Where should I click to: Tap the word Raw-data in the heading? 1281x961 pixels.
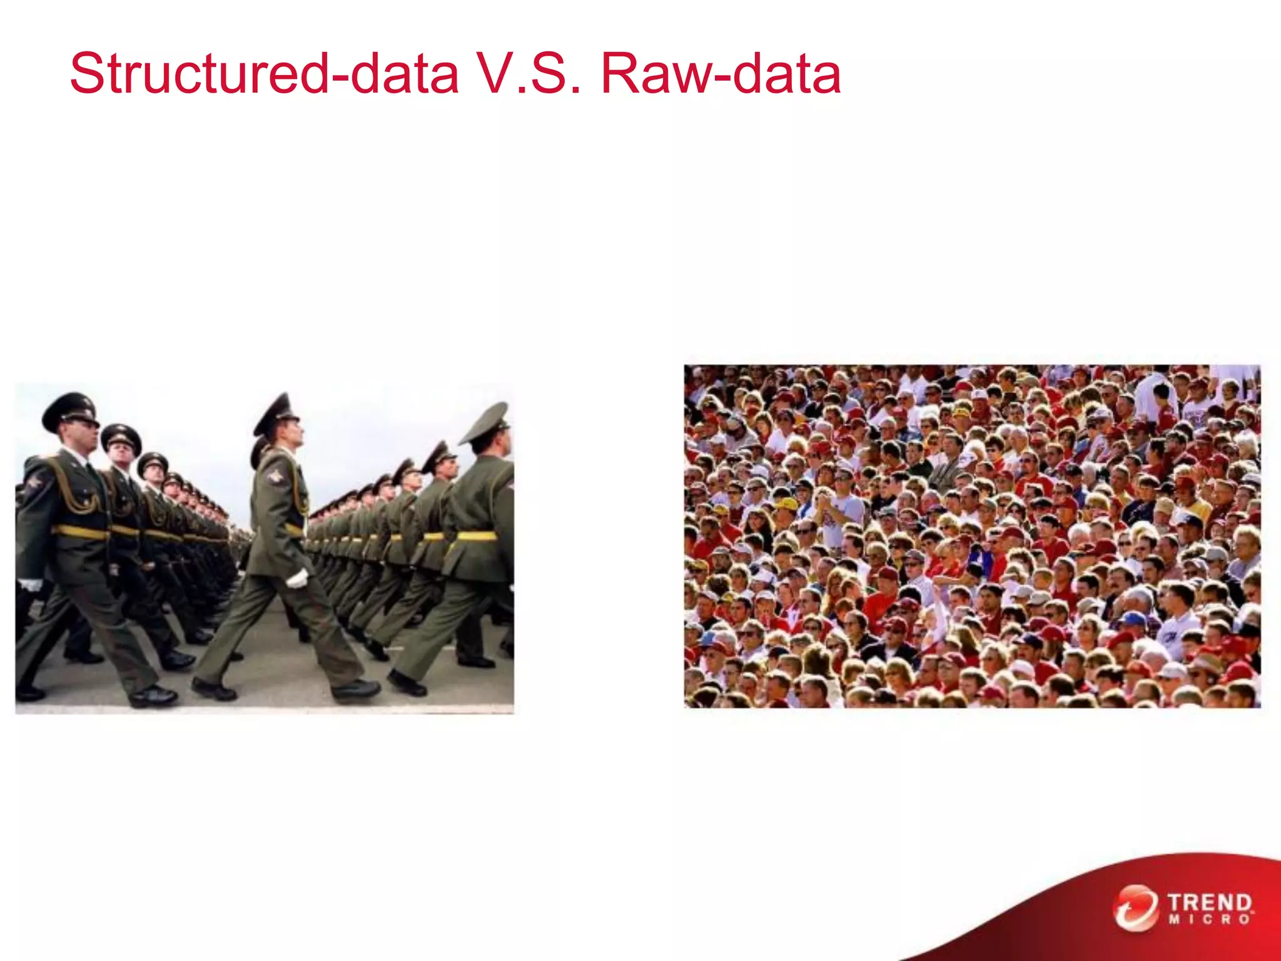(x=721, y=74)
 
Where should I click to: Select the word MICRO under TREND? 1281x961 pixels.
(x=1210, y=920)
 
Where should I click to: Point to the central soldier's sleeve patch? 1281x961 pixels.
(x=274, y=477)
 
